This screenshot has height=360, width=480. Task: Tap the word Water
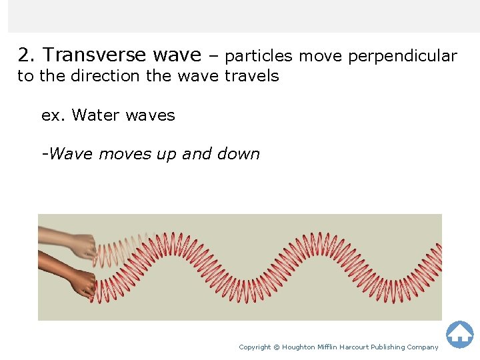click(96, 115)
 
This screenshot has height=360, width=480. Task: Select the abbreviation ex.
click(53, 115)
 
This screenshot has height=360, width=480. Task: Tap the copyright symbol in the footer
click(277, 347)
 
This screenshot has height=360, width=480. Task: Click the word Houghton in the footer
click(299, 347)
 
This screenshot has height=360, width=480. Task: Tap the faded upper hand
click(73, 243)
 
